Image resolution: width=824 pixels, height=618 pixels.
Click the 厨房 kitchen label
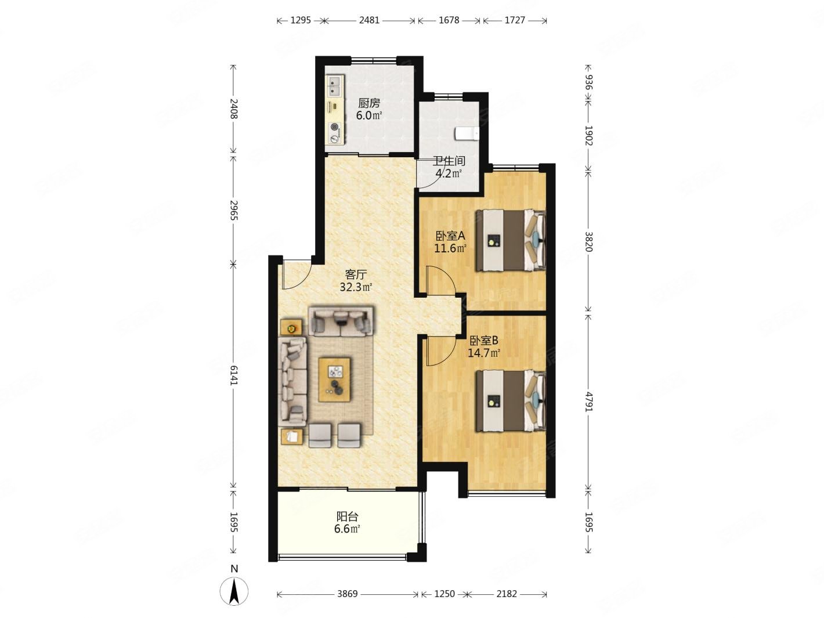(x=368, y=103)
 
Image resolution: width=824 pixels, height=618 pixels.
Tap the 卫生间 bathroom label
(x=449, y=161)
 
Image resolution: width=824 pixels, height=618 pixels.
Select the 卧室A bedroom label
(x=450, y=236)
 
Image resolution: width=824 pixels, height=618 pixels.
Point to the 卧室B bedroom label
(x=483, y=340)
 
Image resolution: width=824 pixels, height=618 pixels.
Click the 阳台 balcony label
(x=347, y=516)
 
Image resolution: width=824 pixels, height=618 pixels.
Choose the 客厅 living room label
(x=356, y=274)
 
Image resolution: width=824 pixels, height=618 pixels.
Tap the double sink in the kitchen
(x=71, y=85)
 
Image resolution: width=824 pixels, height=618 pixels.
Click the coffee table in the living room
(x=334, y=380)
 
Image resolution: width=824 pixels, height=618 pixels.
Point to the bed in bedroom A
(x=511, y=240)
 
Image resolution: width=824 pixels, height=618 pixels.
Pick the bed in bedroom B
(x=511, y=401)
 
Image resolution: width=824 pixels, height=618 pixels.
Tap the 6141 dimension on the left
(x=233, y=375)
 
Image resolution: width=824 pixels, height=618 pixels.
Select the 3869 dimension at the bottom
(x=347, y=594)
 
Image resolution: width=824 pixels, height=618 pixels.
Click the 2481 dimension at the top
(x=369, y=20)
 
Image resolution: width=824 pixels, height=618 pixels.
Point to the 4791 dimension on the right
(x=588, y=402)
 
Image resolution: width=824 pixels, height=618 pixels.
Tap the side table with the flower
(x=291, y=328)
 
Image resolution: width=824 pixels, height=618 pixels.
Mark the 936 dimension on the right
(x=588, y=83)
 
